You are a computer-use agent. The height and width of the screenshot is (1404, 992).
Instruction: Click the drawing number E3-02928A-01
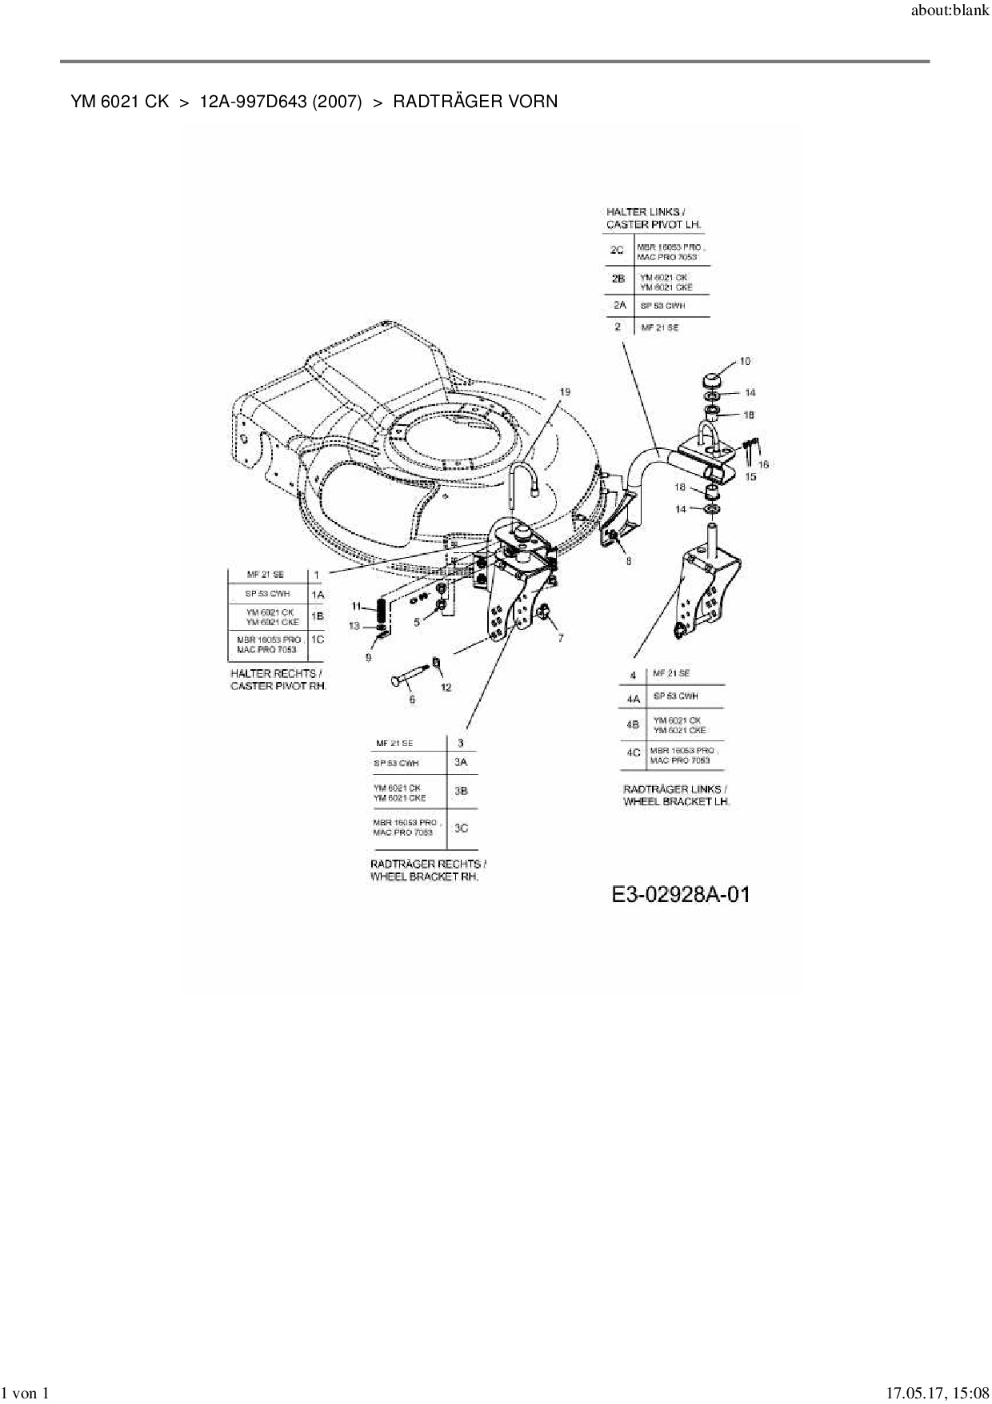(681, 894)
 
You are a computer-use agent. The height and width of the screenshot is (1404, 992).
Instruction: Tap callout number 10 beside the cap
(745, 362)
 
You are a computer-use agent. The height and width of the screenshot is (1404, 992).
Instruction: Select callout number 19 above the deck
(565, 391)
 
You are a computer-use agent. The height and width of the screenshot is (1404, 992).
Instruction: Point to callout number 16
(763, 464)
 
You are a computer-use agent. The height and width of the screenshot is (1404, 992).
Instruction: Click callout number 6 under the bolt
(412, 700)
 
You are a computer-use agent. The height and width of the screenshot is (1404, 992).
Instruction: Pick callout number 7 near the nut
(560, 638)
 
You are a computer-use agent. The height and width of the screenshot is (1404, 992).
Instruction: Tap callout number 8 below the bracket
(629, 561)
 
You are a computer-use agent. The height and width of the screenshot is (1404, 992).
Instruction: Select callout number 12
(446, 688)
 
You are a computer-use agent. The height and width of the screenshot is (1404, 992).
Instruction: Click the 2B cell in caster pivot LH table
(618, 279)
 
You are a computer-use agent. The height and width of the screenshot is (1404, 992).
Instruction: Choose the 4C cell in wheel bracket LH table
(634, 752)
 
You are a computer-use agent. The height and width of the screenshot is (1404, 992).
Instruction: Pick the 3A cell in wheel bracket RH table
(461, 762)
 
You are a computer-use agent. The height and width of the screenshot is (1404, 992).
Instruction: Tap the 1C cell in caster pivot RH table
(318, 640)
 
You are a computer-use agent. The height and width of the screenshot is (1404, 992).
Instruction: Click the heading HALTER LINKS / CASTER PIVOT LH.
(653, 218)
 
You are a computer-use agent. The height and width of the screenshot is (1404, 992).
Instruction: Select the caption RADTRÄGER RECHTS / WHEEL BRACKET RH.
(428, 870)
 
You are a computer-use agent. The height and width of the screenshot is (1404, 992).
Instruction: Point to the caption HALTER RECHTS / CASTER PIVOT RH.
(278, 680)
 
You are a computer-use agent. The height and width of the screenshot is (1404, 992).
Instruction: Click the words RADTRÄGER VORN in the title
(475, 102)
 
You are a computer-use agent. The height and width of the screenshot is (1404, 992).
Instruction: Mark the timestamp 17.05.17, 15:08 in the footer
(938, 1394)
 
